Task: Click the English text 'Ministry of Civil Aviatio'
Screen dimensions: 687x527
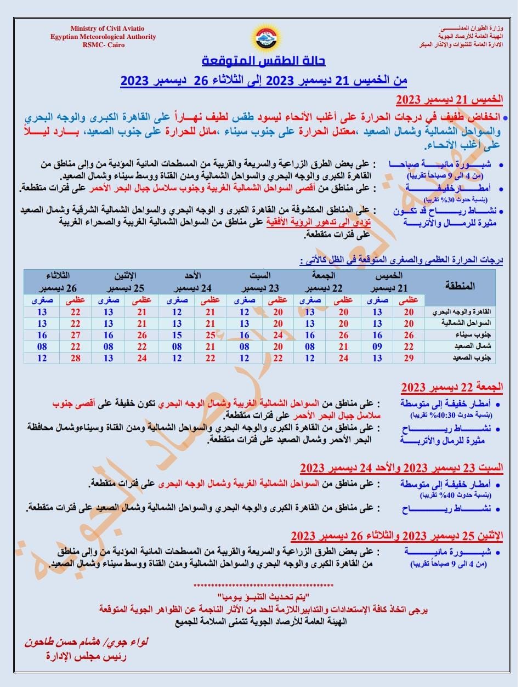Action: pos(107,29)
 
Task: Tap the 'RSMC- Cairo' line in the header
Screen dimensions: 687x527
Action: pos(104,45)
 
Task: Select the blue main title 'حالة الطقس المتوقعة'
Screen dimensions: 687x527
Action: pos(263,60)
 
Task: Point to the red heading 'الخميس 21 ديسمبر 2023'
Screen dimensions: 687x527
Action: pos(449,100)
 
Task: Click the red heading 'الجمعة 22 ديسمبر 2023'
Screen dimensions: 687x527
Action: pos(452,388)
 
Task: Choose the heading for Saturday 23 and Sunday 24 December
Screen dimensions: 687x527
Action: pos(401,468)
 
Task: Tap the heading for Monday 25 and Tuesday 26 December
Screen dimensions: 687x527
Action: pos(397,536)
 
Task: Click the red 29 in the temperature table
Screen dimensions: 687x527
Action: pos(409,358)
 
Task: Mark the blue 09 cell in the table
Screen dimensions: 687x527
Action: pos(377,347)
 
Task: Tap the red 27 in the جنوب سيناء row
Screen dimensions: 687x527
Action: pos(75,335)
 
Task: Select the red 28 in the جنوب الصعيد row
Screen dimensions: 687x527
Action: pos(75,358)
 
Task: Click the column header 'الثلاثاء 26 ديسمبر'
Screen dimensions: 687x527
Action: pos(58,282)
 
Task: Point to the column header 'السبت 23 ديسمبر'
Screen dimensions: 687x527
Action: pos(259,282)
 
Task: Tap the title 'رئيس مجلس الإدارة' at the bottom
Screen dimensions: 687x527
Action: pos(86,656)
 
